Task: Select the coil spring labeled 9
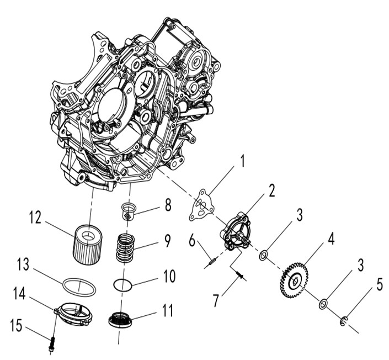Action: (x=127, y=250)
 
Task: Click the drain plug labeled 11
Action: (x=121, y=320)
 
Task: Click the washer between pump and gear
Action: (x=264, y=255)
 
